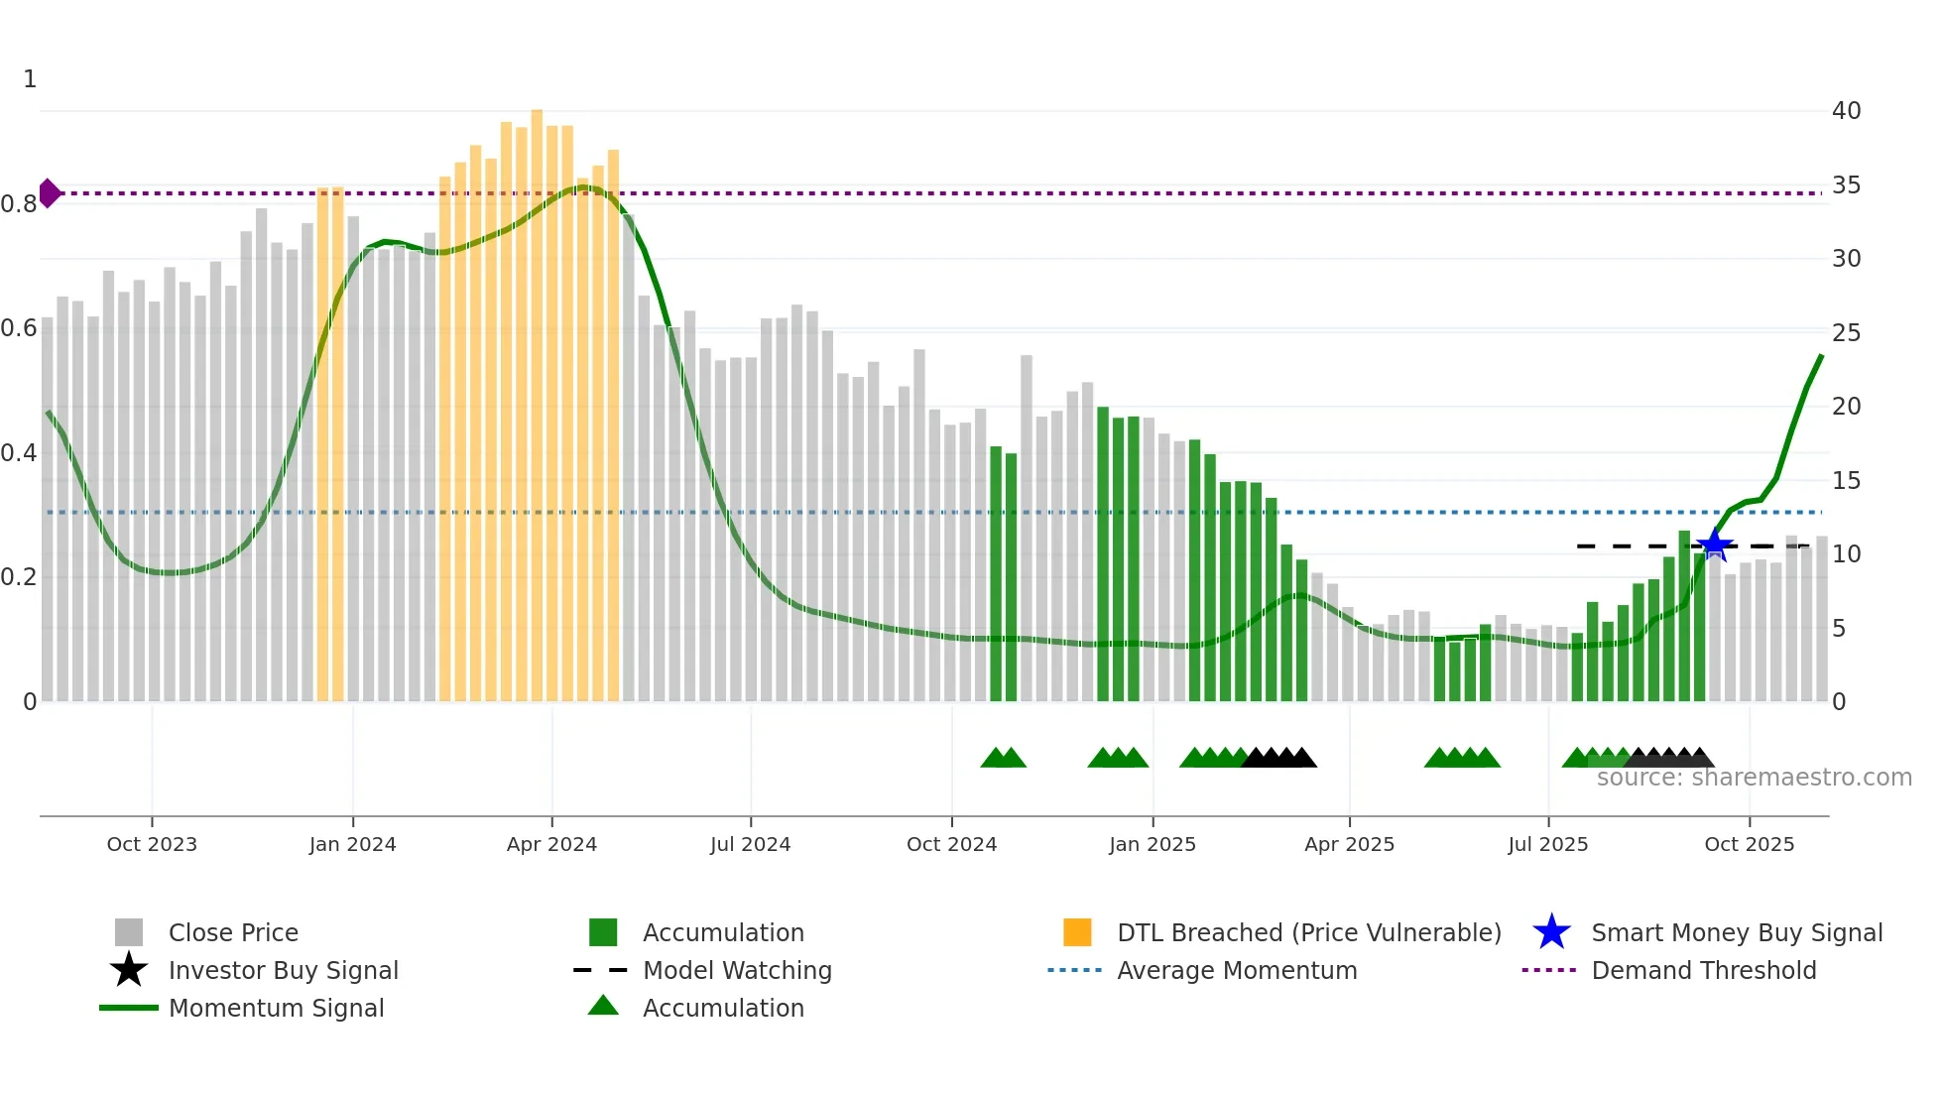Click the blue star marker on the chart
click(x=1714, y=545)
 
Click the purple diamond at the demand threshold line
click(x=49, y=193)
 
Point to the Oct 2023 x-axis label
click(x=152, y=844)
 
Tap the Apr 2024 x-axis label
click(x=551, y=844)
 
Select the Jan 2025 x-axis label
click(x=1153, y=844)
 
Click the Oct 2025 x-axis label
click(x=1749, y=844)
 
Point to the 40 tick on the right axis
click(x=1846, y=111)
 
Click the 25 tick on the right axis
click(x=1846, y=333)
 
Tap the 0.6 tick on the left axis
click(x=20, y=328)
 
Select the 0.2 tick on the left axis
click(x=20, y=577)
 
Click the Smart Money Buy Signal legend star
click(x=1551, y=932)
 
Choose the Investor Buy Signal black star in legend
click(x=129, y=970)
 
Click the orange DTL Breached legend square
click(x=1077, y=932)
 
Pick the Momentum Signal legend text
click(x=276, y=1008)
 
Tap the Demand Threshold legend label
click(x=1703, y=970)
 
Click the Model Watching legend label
click(x=737, y=970)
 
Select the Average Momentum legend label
click(x=1237, y=970)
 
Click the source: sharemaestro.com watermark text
click(x=1754, y=778)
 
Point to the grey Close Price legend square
click(x=129, y=932)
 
